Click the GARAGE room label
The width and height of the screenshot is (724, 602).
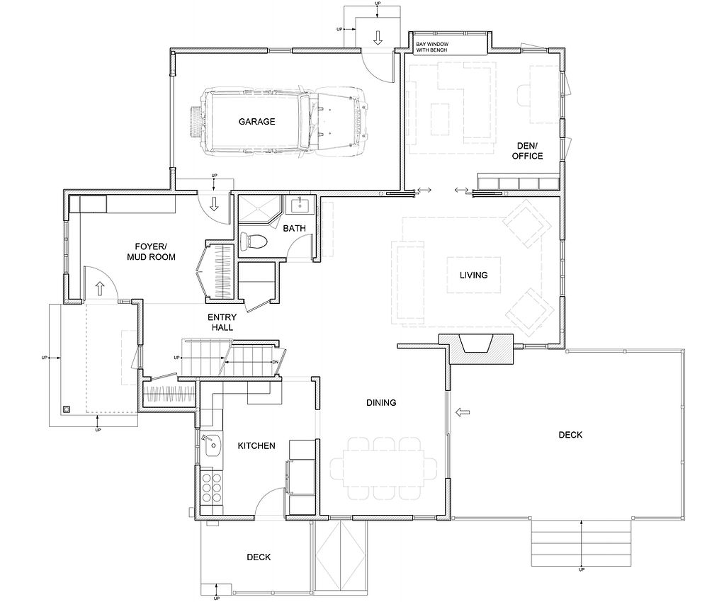pos(256,121)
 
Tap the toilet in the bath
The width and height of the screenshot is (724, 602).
pos(254,241)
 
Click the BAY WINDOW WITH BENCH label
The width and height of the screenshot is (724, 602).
pos(431,47)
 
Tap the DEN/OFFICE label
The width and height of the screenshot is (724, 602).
pos(527,151)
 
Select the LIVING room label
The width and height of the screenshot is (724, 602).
pos(474,275)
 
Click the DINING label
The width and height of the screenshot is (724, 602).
pos(381,402)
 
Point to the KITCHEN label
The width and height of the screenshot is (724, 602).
pos(256,446)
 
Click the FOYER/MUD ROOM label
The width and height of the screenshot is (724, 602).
pos(152,252)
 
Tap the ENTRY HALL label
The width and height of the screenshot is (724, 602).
pos(222,322)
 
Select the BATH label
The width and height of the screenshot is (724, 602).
pos(294,228)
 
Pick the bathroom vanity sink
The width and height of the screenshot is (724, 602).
pos(300,205)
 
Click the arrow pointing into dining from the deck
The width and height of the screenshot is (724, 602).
pos(463,411)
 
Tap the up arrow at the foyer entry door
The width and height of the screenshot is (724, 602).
pos(100,288)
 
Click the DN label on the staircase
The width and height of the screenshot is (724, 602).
pos(275,362)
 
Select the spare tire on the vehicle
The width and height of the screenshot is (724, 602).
pos(196,121)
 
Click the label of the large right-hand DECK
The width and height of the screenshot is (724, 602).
pos(570,435)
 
